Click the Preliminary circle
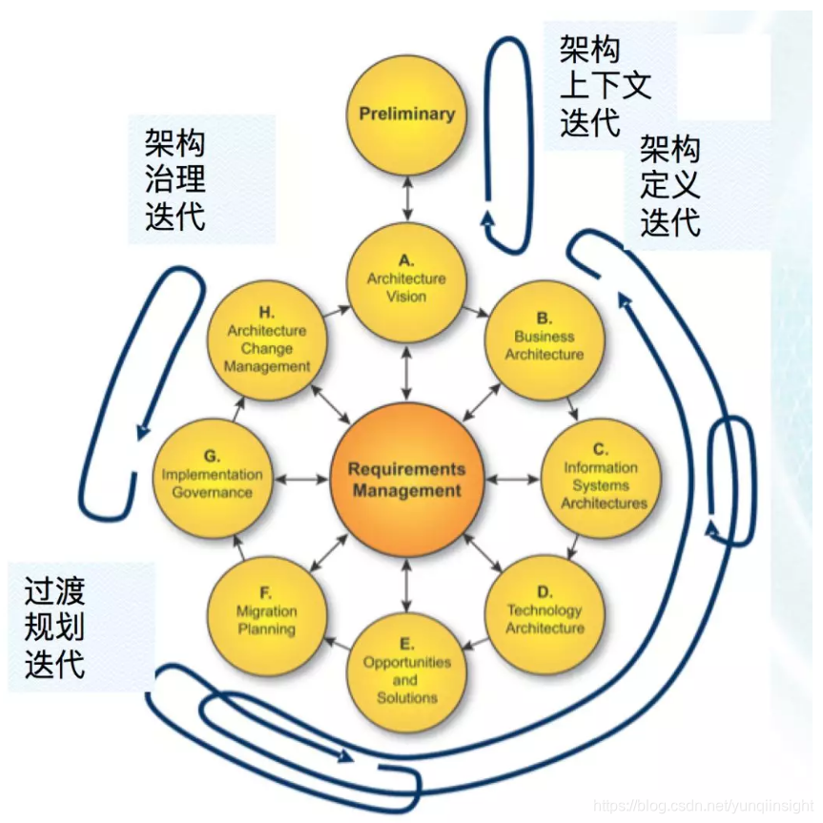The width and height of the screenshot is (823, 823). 407,114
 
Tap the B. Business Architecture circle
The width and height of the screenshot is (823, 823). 544,339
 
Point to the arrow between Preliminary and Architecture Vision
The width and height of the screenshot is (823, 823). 407,198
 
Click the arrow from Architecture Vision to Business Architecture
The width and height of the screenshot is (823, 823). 476,309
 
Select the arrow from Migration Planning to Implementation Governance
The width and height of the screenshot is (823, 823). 237,549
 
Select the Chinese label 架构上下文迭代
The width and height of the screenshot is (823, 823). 605,88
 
